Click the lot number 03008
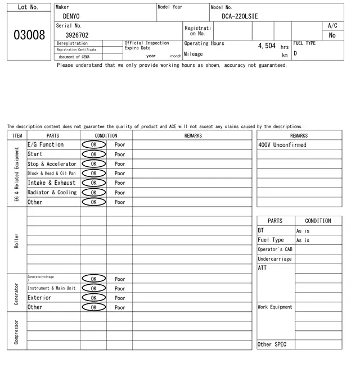coord(29,35)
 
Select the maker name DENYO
coord(71,17)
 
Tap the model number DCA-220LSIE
coord(240,17)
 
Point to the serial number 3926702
coord(77,35)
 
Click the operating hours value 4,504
coord(267,46)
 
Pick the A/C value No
coord(332,35)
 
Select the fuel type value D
coord(295,54)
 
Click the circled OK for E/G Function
coord(93,144)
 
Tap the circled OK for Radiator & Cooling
coord(93,193)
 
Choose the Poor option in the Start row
coord(120,154)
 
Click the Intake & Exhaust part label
coord(51,183)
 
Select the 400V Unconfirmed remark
coord(282,145)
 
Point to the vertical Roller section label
coord(17,241)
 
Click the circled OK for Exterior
coord(93,298)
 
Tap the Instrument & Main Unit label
coord(51,288)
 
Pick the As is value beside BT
coord(303,231)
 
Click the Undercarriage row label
coord(274,259)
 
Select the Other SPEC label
coord(272,344)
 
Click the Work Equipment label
coord(275,307)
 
